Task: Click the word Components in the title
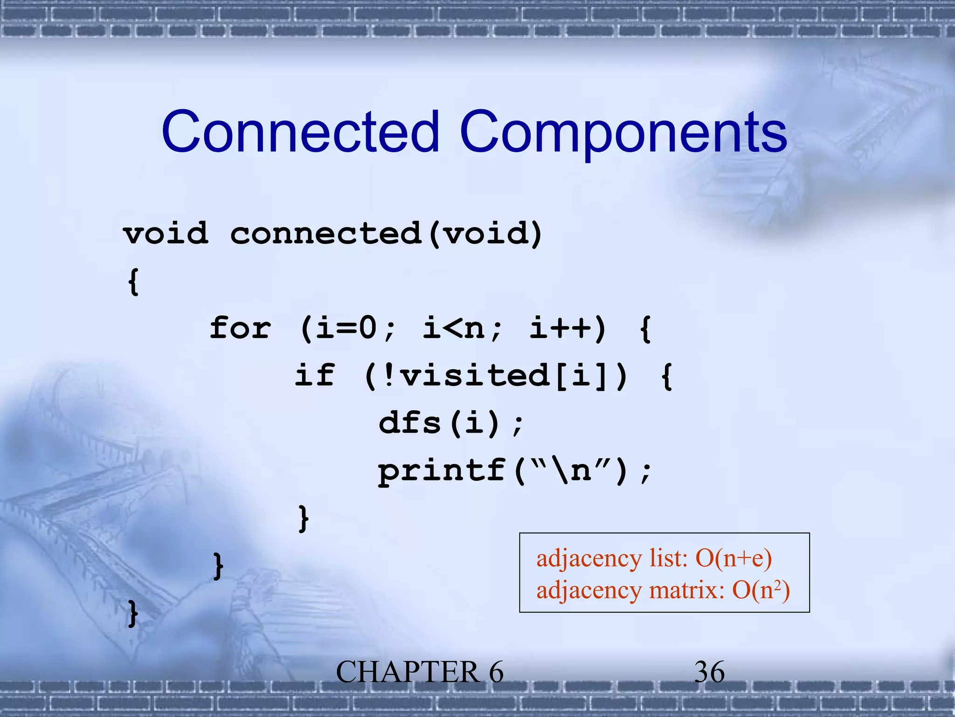(x=623, y=133)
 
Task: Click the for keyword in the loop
(x=240, y=328)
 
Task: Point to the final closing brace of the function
(x=133, y=613)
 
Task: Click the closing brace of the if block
(x=304, y=518)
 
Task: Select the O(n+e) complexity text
(x=733, y=558)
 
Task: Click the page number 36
(x=709, y=672)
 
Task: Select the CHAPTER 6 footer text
(x=420, y=672)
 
